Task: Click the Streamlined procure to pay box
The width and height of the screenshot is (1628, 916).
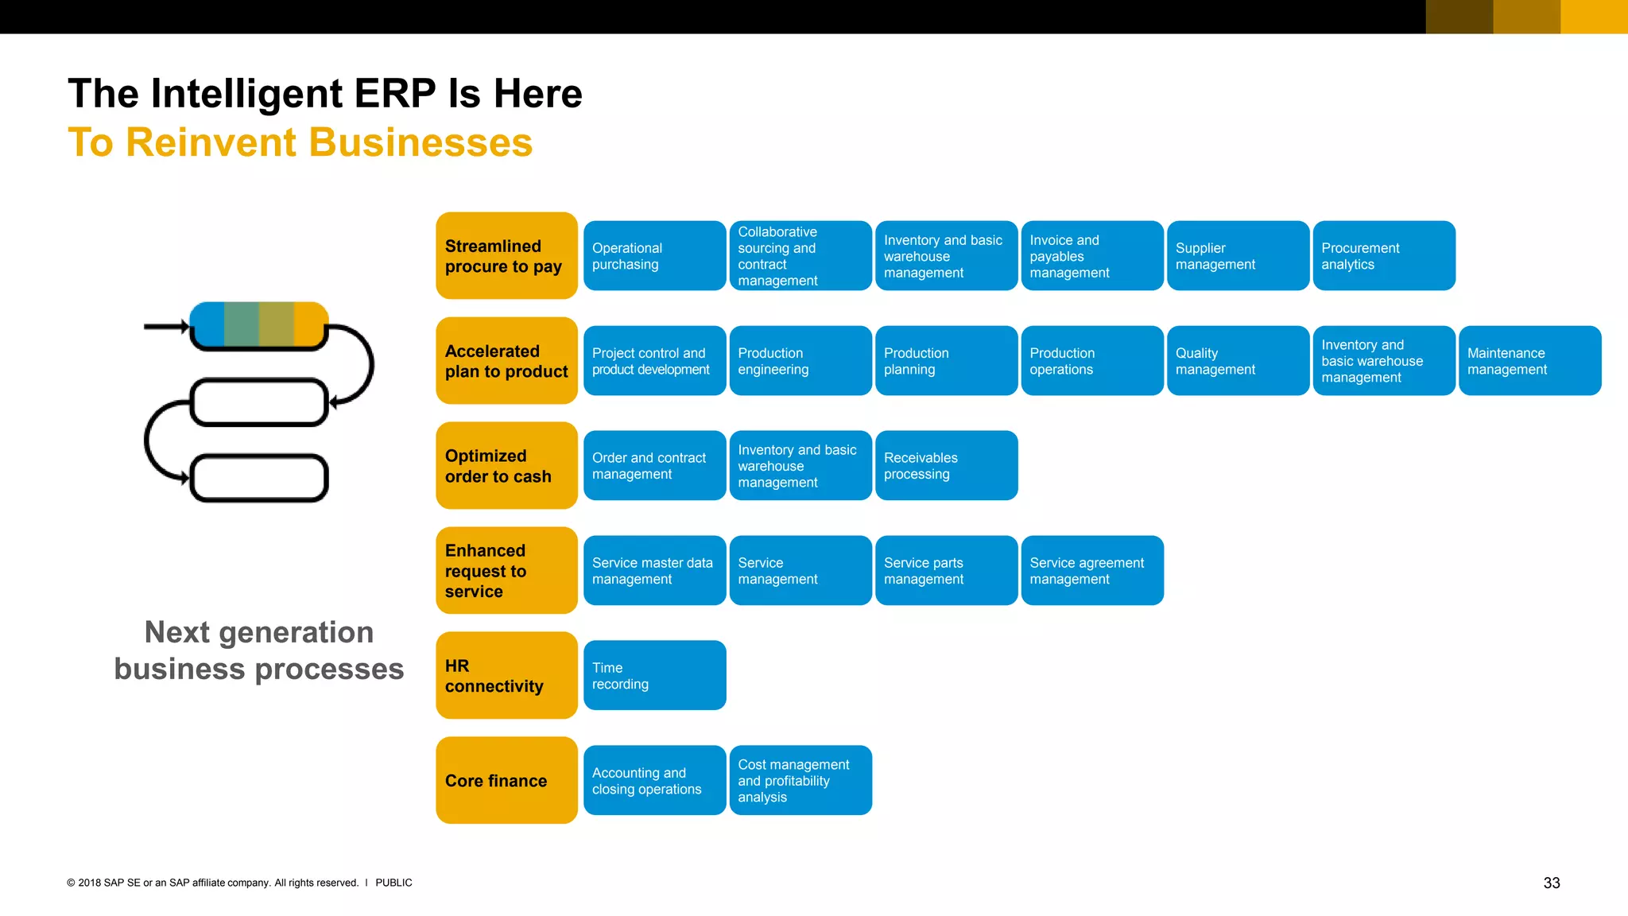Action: coord(506,255)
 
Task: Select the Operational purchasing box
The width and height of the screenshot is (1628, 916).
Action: coord(654,255)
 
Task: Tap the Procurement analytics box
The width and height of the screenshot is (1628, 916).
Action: coord(1383,255)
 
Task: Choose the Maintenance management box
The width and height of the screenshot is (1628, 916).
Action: coord(1529,360)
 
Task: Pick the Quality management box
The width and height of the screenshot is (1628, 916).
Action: coord(1238,360)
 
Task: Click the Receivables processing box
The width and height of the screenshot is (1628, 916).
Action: coord(946,465)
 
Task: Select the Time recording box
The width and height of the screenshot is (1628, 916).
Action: coord(654,675)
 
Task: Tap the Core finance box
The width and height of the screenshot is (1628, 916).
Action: coord(506,780)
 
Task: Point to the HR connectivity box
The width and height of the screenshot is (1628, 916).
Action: coord(506,675)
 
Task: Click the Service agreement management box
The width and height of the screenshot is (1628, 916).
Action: coord(1092,570)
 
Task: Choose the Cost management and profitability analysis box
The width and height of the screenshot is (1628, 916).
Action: coord(800,780)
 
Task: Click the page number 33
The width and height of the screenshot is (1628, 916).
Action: coord(1551,883)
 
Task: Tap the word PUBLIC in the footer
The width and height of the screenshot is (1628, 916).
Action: coord(393,883)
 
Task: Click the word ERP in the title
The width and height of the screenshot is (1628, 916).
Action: coord(394,94)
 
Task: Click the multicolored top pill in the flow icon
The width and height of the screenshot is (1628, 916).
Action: coord(259,324)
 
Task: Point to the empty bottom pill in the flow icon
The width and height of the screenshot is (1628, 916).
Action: coord(259,478)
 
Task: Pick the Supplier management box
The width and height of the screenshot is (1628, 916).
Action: coord(1238,255)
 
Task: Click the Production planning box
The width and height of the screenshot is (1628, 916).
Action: coord(946,360)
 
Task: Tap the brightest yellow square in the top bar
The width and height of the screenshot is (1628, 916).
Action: coord(1594,17)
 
